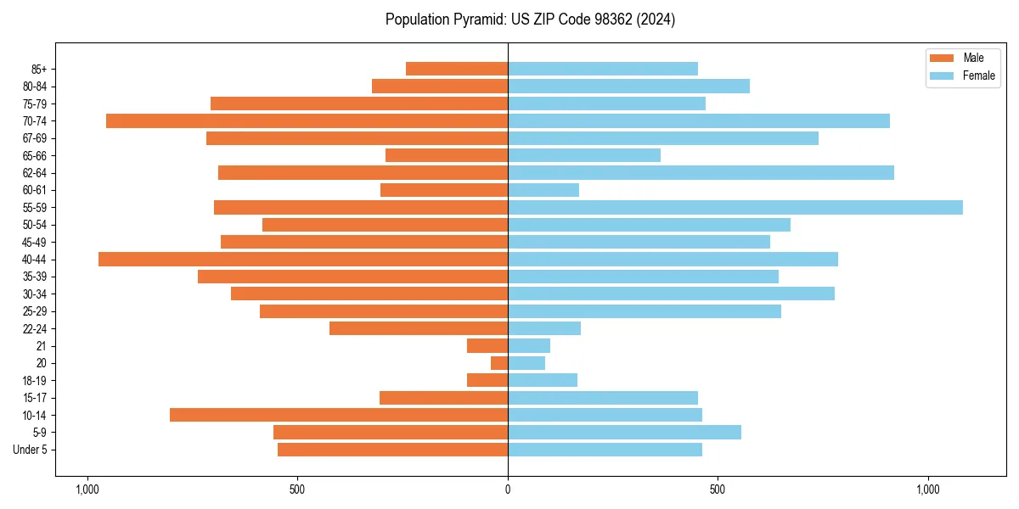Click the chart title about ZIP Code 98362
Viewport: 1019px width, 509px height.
click(x=530, y=20)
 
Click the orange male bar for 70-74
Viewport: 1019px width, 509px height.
click(x=307, y=121)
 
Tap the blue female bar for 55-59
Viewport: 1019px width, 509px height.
click(x=735, y=208)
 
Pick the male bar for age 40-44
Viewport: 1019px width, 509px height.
click(x=303, y=260)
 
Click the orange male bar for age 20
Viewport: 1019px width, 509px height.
click(x=499, y=363)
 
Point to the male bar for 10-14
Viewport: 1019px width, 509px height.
click(x=339, y=415)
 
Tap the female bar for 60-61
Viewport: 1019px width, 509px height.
click(x=543, y=190)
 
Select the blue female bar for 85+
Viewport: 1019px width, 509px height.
click(x=603, y=69)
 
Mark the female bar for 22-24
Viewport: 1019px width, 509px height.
click(x=544, y=328)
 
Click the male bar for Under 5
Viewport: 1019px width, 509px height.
click(x=392, y=450)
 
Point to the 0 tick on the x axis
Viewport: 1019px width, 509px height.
click(x=508, y=489)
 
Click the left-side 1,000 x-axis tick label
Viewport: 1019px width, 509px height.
click(x=87, y=489)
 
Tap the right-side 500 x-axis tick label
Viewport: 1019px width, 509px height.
click(x=718, y=489)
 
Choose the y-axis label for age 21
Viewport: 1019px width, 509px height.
click(x=42, y=346)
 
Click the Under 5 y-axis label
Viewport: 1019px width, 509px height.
click(x=31, y=450)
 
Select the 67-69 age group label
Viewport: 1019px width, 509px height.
click(x=35, y=138)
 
